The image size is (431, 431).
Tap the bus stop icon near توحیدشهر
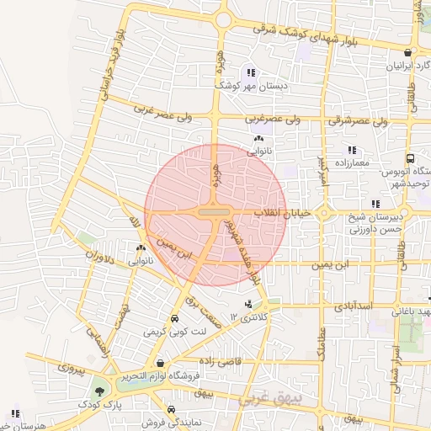pyautogui.click(x=409, y=157)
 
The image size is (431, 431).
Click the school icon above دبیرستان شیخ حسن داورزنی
pyautogui.click(x=375, y=203)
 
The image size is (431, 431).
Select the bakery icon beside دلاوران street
pyautogui.click(x=140, y=248)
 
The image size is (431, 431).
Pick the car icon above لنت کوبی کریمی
pyautogui.click(x=174, y=319)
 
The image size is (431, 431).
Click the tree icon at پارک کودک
pyautogui.click(x=100, y=391)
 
